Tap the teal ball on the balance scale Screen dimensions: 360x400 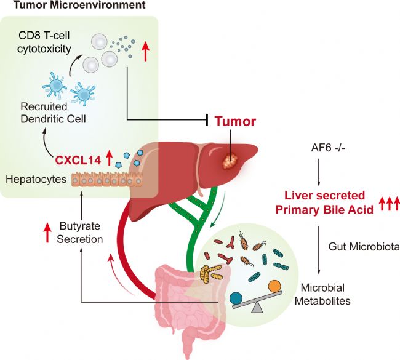coord(235,297)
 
